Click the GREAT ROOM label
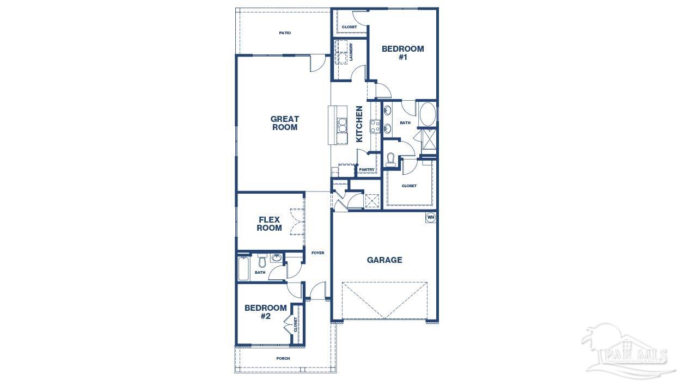tap(284, 123)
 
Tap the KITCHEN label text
tap(359, 124)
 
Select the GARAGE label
tap(384, 260)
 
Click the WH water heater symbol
tap(431, 217)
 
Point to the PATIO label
tap(285, 33)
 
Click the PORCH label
tap(283, 358)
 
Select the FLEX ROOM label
tap(269, 224)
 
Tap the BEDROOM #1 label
tap(402, 52)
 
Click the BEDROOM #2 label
tap(265, 312)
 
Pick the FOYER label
tap(317, 253)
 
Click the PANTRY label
tap(367, 170)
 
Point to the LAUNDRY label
tap(352, 52)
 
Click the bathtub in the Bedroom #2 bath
tap(243, 268)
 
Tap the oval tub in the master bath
tap(427, 114)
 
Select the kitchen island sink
tap(342, 125)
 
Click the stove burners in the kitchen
tap(375, 126)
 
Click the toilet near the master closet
tap(390, 159)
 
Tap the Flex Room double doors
tap(297, 222)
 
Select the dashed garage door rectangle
tap(384, 300)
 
